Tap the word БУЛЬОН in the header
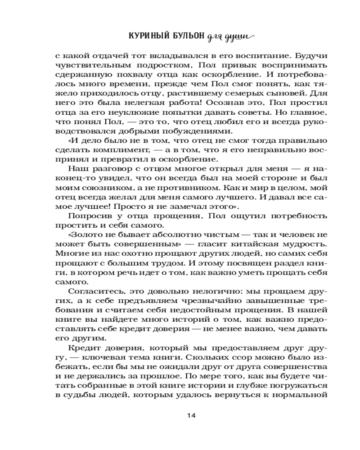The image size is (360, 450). (x=185, y=36)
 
